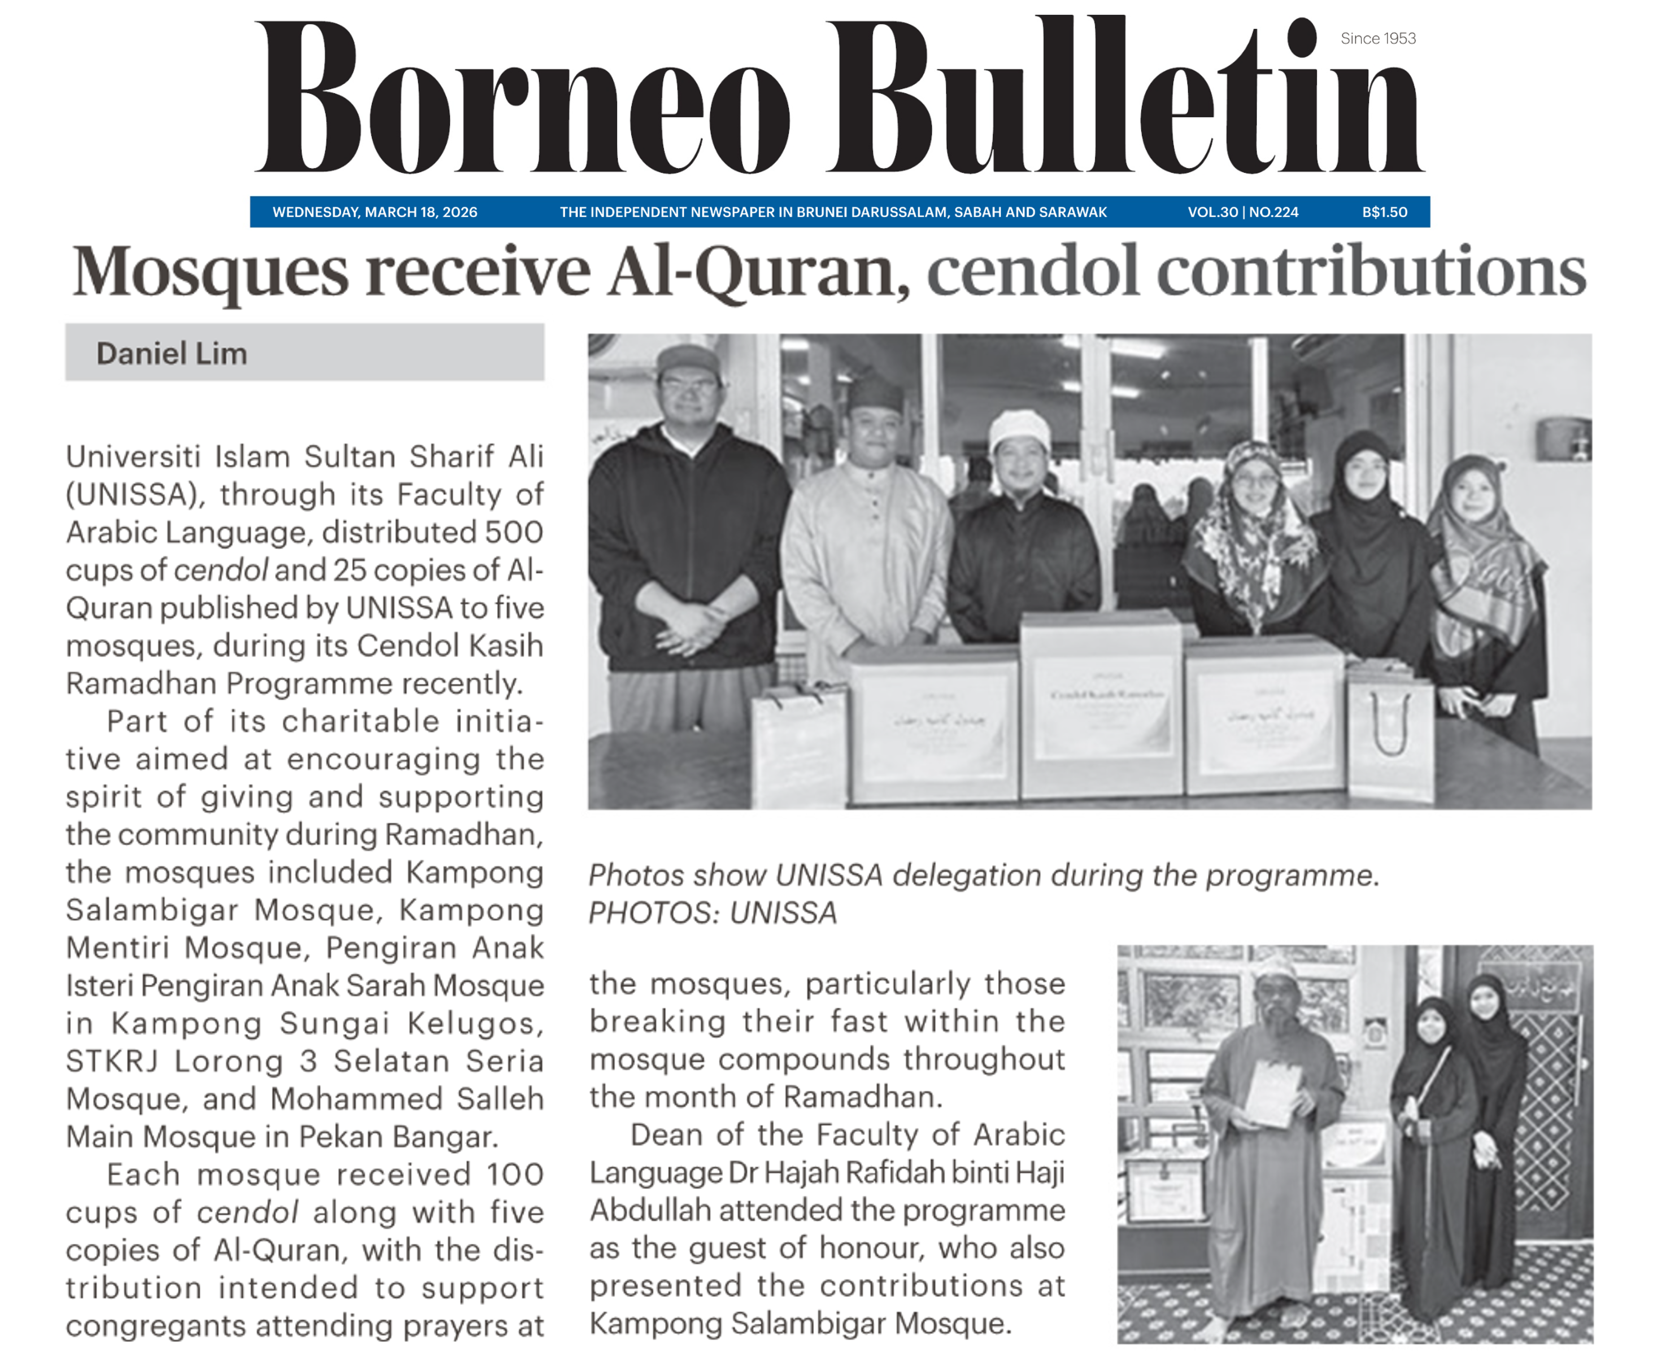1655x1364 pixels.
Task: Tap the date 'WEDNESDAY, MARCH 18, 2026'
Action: click(x=375, y=212)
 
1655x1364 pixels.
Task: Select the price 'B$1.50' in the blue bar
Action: click(x=1384, y=212)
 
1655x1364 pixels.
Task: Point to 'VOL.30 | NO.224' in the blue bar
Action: click(x=1243, y=212)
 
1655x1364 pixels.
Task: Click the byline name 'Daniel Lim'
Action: click(x=171, y=354)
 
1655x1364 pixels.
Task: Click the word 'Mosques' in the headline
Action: click(x=210, y=271)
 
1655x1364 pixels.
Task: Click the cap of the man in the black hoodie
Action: click(x=688, y=360)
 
